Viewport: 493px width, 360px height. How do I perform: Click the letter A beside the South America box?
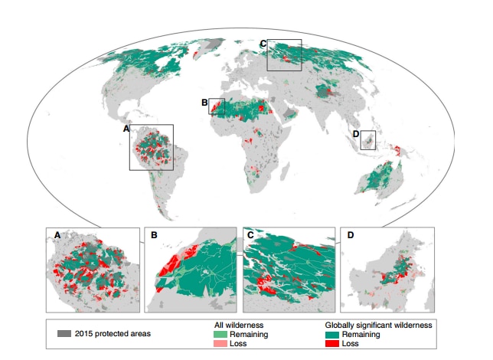[126, 129]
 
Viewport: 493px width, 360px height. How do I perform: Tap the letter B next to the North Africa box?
[204, 102]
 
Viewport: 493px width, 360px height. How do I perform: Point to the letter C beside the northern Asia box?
[263, 43]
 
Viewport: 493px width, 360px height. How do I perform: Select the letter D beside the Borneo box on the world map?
[356, 135]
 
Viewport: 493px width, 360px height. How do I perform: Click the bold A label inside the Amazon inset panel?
[56, 234]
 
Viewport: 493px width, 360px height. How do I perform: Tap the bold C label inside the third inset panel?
[250, 234]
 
